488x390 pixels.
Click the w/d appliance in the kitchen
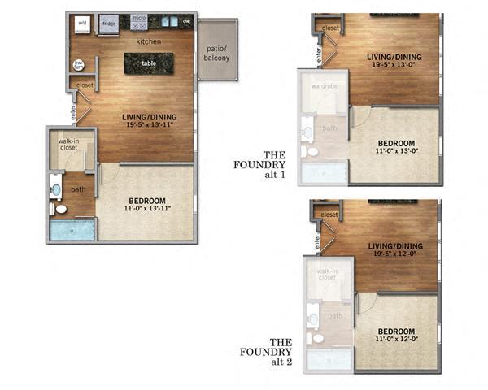pos(82,24)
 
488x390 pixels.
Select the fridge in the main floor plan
pos(108,24)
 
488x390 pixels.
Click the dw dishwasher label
pos(186,22)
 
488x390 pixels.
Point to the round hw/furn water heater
pos(80,64)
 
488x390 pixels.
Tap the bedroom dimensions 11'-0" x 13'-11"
pos(147,209)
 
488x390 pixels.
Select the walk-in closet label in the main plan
pos(68,145)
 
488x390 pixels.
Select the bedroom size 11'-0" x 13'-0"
pos(395,150)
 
